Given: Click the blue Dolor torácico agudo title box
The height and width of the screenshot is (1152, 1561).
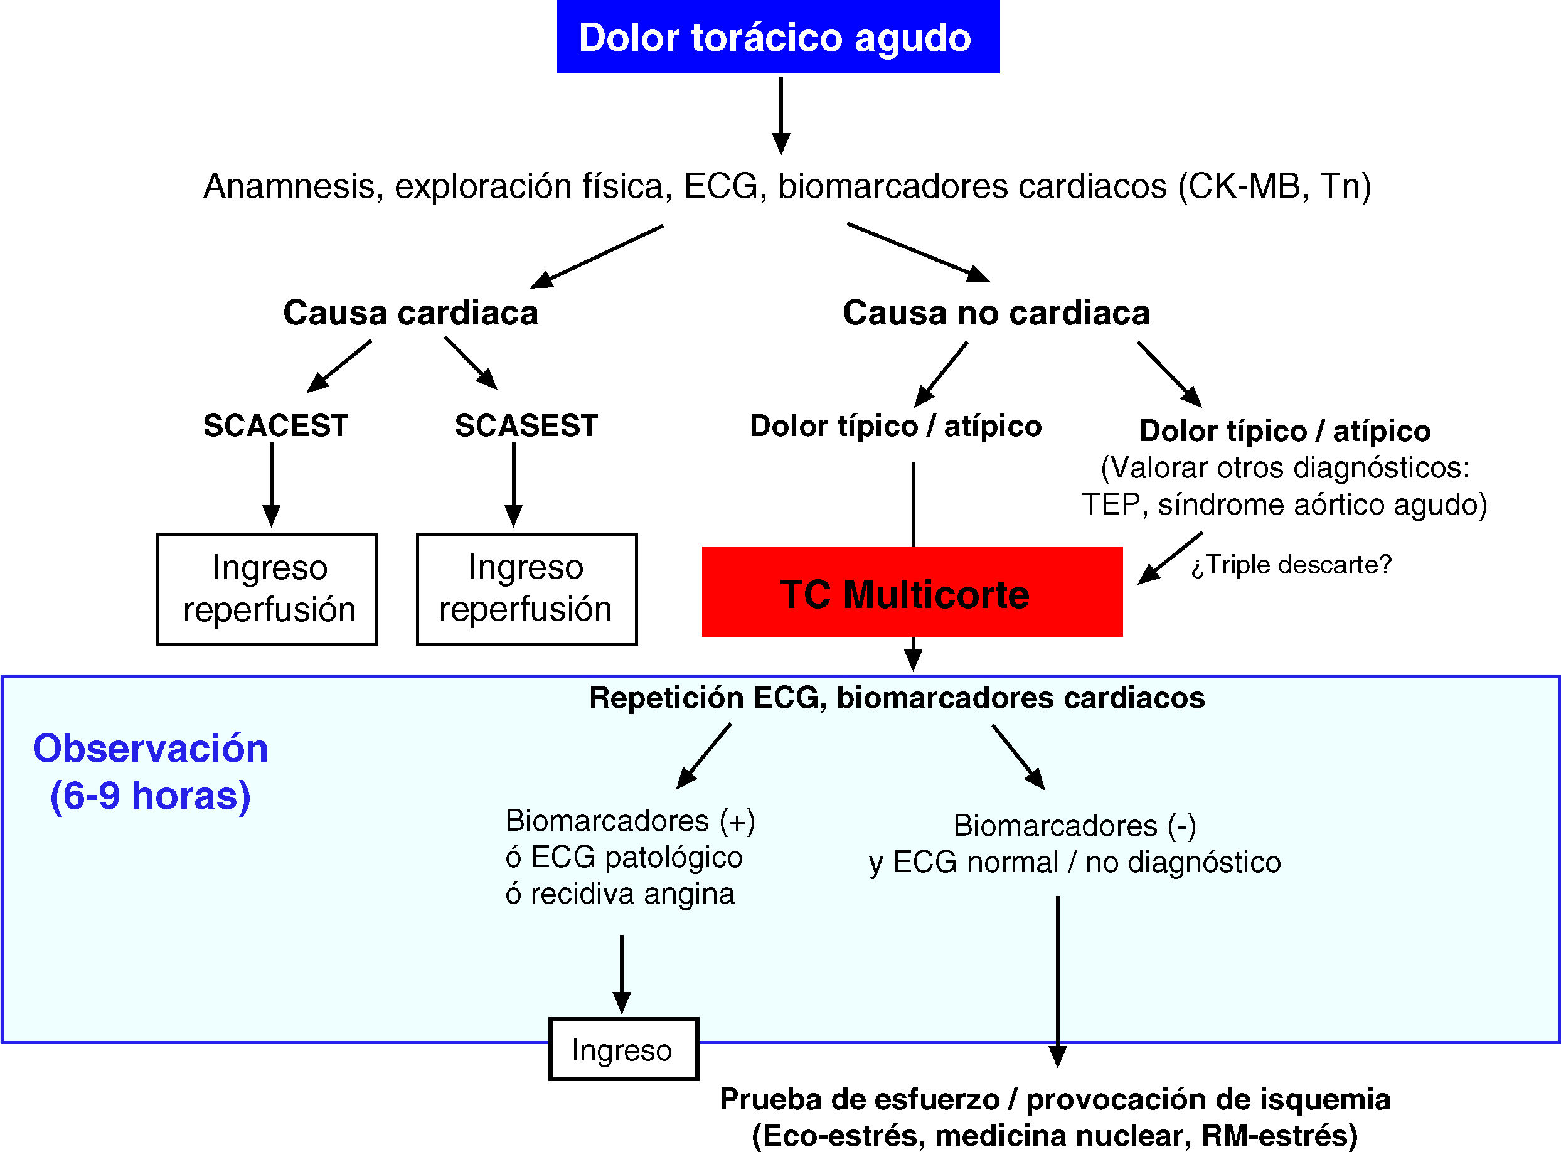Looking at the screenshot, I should point(777,37).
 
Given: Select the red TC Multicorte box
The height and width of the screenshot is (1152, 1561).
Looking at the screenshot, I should point(911,592).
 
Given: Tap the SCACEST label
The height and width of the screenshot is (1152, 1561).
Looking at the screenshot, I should point(275,425).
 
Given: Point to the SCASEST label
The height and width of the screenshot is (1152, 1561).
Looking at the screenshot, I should point(526,425).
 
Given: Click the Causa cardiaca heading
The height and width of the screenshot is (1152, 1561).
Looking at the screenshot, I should point(411,312).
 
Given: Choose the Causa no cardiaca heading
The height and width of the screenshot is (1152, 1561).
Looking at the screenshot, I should point(996,312).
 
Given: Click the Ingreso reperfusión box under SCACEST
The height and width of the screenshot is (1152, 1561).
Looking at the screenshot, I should point(268,589).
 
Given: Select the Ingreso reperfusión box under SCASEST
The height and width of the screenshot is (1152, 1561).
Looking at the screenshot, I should point(526,589).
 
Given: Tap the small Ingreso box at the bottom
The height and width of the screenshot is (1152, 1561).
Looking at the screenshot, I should point(622,1050).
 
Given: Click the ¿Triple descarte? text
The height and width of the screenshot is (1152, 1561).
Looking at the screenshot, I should point(1291,565).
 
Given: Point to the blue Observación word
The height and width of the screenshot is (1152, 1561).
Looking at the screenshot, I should point(151,749).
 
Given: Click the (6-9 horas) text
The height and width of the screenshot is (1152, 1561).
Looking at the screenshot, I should point(151,796).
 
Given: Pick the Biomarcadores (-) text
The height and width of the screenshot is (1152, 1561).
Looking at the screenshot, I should point(1074,826).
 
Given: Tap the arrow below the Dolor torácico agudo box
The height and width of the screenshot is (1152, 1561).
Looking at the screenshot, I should point(781,115).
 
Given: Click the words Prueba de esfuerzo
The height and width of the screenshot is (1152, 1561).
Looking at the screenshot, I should point(859,1099).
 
